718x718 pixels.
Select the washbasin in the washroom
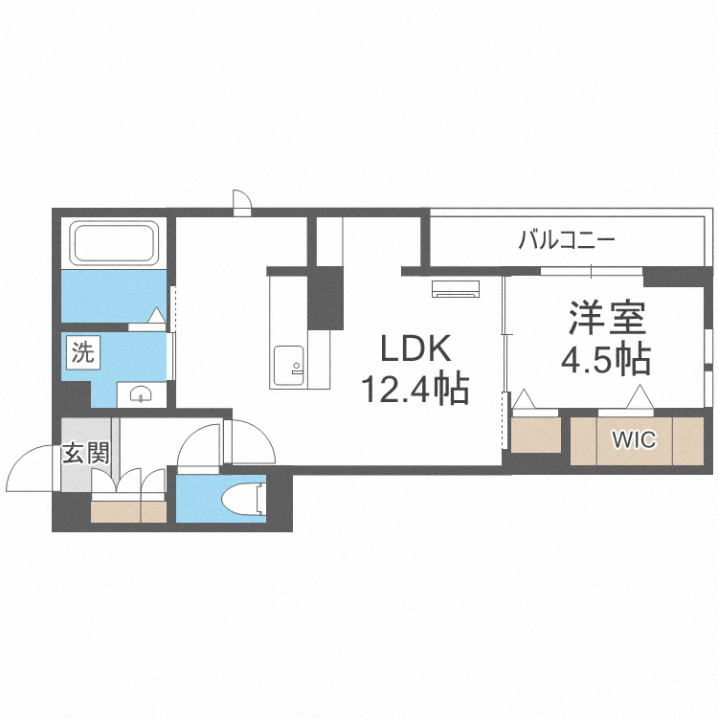coord(140,393)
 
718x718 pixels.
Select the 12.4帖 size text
coord(414,389)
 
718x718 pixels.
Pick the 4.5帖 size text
coord(605,358)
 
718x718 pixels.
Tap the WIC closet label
coord(634,440)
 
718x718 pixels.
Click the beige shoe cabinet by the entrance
coord(128,510)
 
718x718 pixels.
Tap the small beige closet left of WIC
coord(535,434)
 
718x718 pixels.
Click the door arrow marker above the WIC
coord(639,396)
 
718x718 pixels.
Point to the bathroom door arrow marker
coord(157,315)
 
